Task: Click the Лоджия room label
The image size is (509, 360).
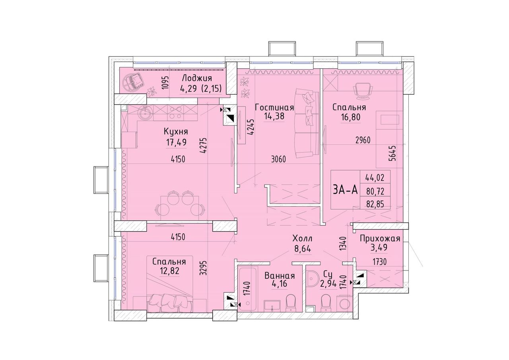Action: [x=197, y=78]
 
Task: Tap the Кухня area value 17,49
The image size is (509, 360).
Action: [x=176, y=142]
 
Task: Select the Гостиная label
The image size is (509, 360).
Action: [x=274, y=107]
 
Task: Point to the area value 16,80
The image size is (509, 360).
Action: [x=350, y=117]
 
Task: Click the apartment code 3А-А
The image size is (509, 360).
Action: [x=346, y=189]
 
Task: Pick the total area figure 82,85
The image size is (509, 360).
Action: [x=375, y=204]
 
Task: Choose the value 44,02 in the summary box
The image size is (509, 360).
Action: [x=375, y=177]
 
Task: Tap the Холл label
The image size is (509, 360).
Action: [x=303, y=239]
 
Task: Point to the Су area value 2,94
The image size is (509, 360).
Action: [x=328, y=284]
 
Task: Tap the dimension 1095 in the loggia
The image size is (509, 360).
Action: [x=166, y=83]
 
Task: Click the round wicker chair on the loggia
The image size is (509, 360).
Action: [x=133, y=82]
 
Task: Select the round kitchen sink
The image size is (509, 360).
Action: [x=144, y=113]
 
